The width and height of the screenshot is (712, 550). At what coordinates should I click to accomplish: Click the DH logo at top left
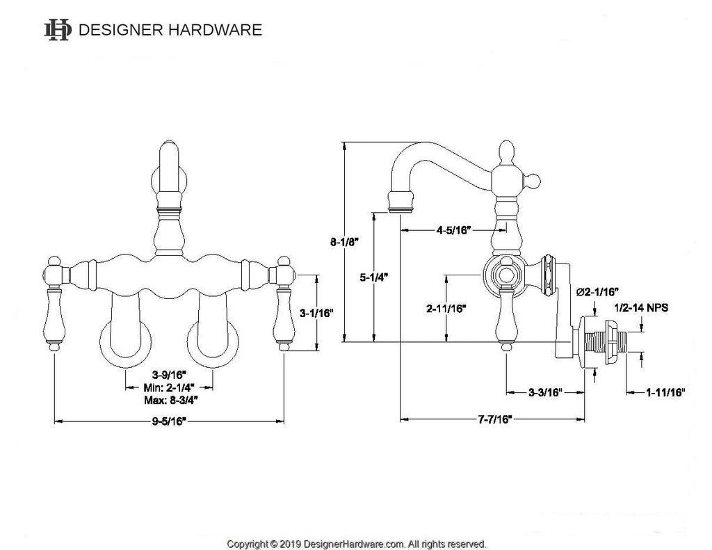click(57, 30)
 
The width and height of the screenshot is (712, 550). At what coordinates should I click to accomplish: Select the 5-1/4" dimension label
click(374, 276)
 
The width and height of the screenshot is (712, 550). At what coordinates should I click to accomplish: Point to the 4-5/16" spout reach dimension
click(454, 229)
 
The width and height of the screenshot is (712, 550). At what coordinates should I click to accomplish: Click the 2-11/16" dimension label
click(446, 307)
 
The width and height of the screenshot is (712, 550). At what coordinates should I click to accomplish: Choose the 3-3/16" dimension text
click(544, 392)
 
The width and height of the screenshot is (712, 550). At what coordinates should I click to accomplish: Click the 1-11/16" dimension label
click(665, 392)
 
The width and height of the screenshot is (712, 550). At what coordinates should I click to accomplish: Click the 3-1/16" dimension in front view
click(317, 314)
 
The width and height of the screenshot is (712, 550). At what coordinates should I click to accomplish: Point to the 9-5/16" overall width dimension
click(169, 421)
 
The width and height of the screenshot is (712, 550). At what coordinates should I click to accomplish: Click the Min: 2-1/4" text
click(169, 389)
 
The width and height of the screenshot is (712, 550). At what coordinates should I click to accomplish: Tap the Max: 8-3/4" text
click(169, 401)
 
